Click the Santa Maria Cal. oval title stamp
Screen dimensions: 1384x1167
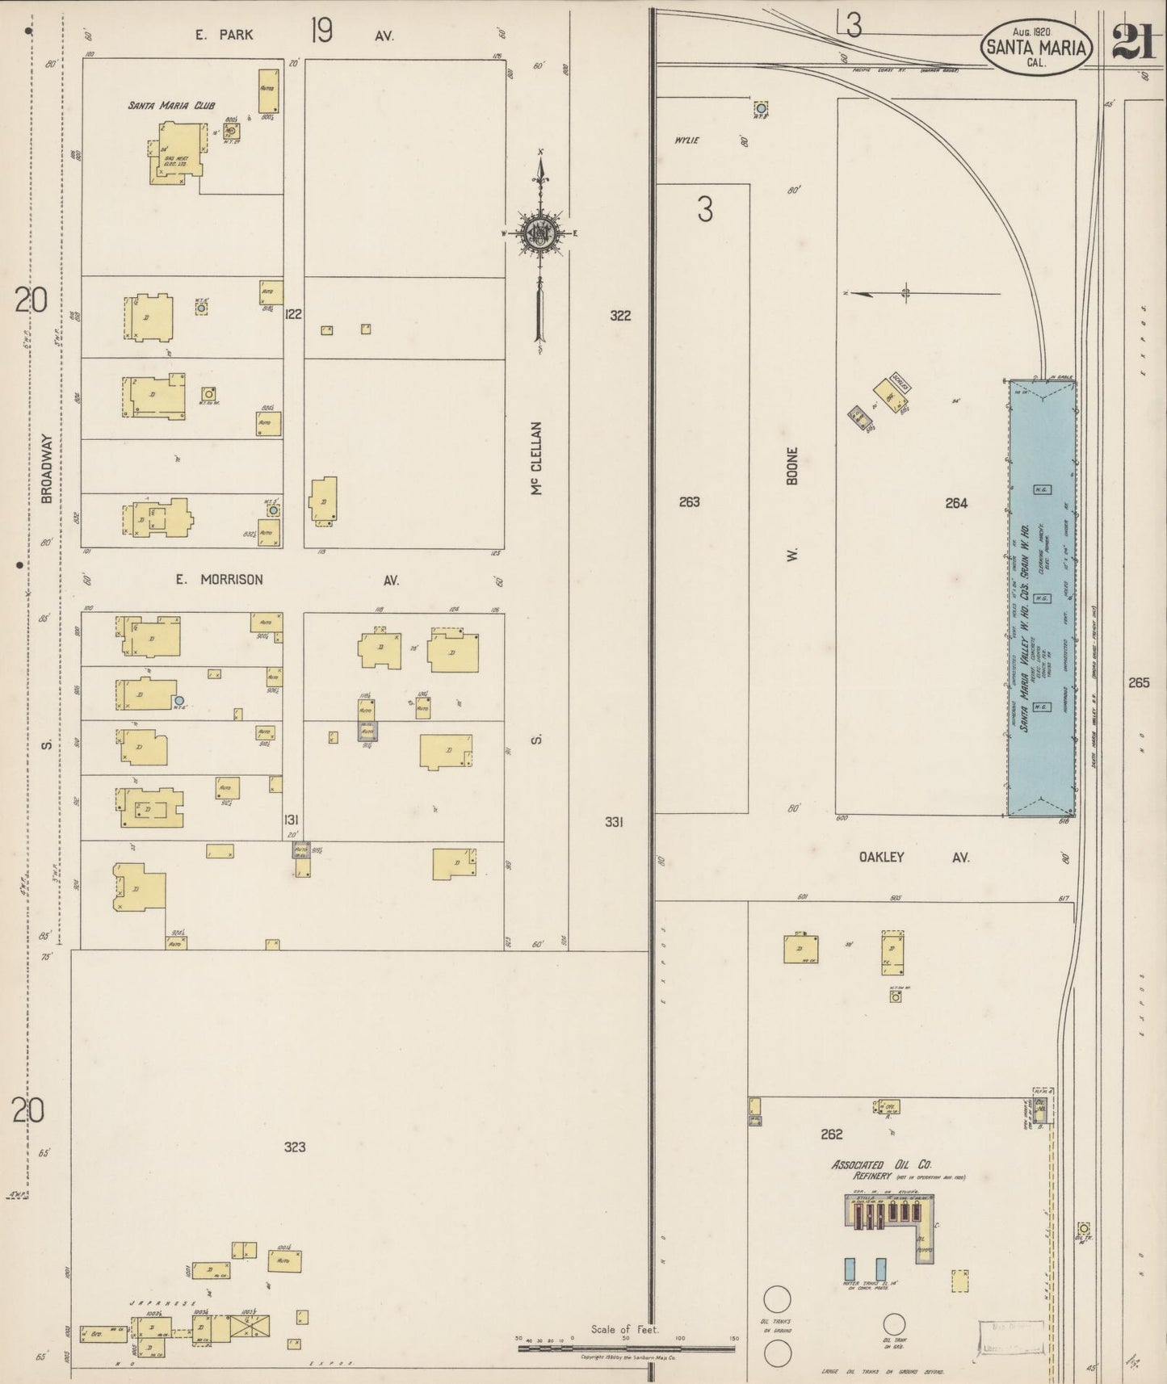coord(1037,48)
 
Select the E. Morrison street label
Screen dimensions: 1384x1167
coord(220,580)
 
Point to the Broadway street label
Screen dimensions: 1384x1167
coord(47,469)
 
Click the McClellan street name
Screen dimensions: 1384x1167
coord(537,458)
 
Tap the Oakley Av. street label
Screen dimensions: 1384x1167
coord(881,858)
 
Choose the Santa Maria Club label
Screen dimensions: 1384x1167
coord(159,105)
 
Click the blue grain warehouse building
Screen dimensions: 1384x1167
coord(1042,598)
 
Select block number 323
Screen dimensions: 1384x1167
coord(295,1147)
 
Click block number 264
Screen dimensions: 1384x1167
coord(956,503)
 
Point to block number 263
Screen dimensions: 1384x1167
coord(689,501)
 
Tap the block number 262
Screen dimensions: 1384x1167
coord(831,1134)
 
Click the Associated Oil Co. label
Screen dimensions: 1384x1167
coord(882,1165)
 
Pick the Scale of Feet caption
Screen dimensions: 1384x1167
coord(624,1329)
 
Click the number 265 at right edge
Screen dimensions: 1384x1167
coord(1139,683)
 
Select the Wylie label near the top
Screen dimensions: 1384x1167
coord(686,140)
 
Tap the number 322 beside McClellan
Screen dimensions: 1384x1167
coord(620,316)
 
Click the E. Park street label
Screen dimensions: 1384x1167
coord(224,35)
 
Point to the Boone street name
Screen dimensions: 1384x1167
coord(792,466)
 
